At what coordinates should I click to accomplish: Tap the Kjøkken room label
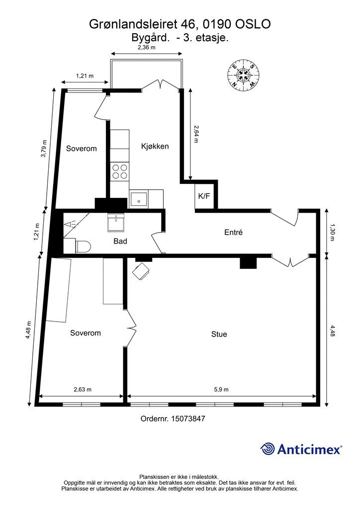(x=155, y=147)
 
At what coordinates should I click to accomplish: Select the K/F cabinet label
(x=204, y=196)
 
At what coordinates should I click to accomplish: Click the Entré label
(x=233, y=233)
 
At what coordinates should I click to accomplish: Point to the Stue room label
(x=219, y=334)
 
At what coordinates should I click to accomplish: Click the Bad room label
(x=120, y=241)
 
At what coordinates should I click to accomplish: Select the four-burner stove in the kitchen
(x=119, y=171)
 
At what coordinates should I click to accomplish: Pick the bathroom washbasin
(x=116, y=223)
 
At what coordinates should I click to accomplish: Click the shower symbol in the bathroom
(x=71, y=224)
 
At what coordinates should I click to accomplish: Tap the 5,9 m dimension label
(x=221, y=390)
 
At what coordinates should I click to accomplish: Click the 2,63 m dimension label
(x=83, y=390)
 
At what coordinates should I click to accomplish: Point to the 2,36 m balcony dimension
(x=146, y=47)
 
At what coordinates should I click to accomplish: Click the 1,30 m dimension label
(x=332, y=232)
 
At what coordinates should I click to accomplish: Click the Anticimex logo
(x=301, y=449)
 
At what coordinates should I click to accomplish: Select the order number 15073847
(x=188, y=419)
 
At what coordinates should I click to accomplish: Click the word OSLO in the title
(x=253, y=24)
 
